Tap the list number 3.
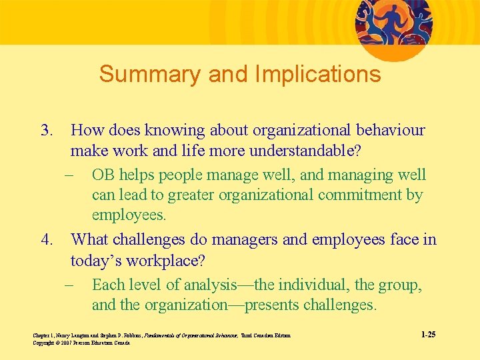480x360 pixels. (x=45, y=131)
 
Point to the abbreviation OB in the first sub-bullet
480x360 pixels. (x=103, y=175)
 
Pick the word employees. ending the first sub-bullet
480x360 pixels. (x=129, y=215)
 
